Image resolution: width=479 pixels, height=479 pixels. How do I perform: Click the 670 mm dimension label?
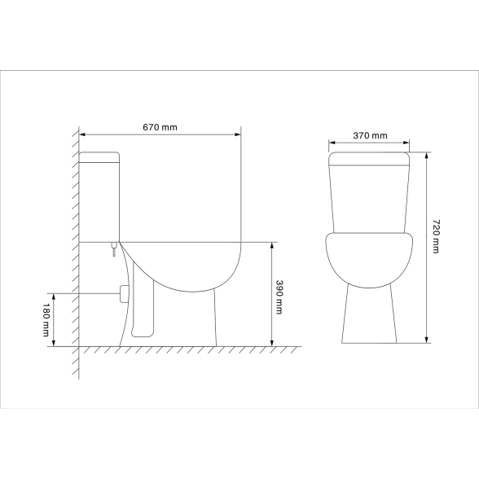(160, 127)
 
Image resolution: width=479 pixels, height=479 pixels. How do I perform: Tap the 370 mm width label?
(370, 135)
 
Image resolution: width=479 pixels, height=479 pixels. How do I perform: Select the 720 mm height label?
(436, 236)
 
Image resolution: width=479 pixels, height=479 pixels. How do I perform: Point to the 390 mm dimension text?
(279, 297)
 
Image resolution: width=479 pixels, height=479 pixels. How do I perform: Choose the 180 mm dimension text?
(46, 320)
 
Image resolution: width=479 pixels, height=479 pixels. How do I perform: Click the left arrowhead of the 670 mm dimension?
(82, 134)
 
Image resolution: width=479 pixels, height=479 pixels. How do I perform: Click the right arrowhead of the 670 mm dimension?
(238, 134)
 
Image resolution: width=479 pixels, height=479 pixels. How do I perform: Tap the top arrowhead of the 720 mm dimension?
(427, 155)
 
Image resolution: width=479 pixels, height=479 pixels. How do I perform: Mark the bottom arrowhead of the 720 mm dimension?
(427, 340)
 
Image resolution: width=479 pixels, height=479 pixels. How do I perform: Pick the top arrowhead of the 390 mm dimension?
(272, 246)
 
